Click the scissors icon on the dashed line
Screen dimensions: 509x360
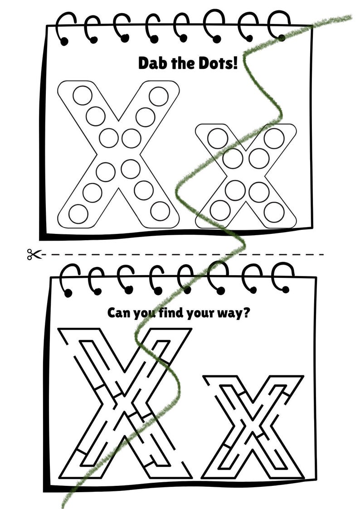click(x=32, y=255)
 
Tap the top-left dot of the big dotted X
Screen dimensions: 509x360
click(x=82, y=95)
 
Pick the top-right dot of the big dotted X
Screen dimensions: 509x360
click(x=158, y=96)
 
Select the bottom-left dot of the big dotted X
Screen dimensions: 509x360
click(x=78, y=213)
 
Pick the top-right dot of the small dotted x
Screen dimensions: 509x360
click(x=274, y=138)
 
